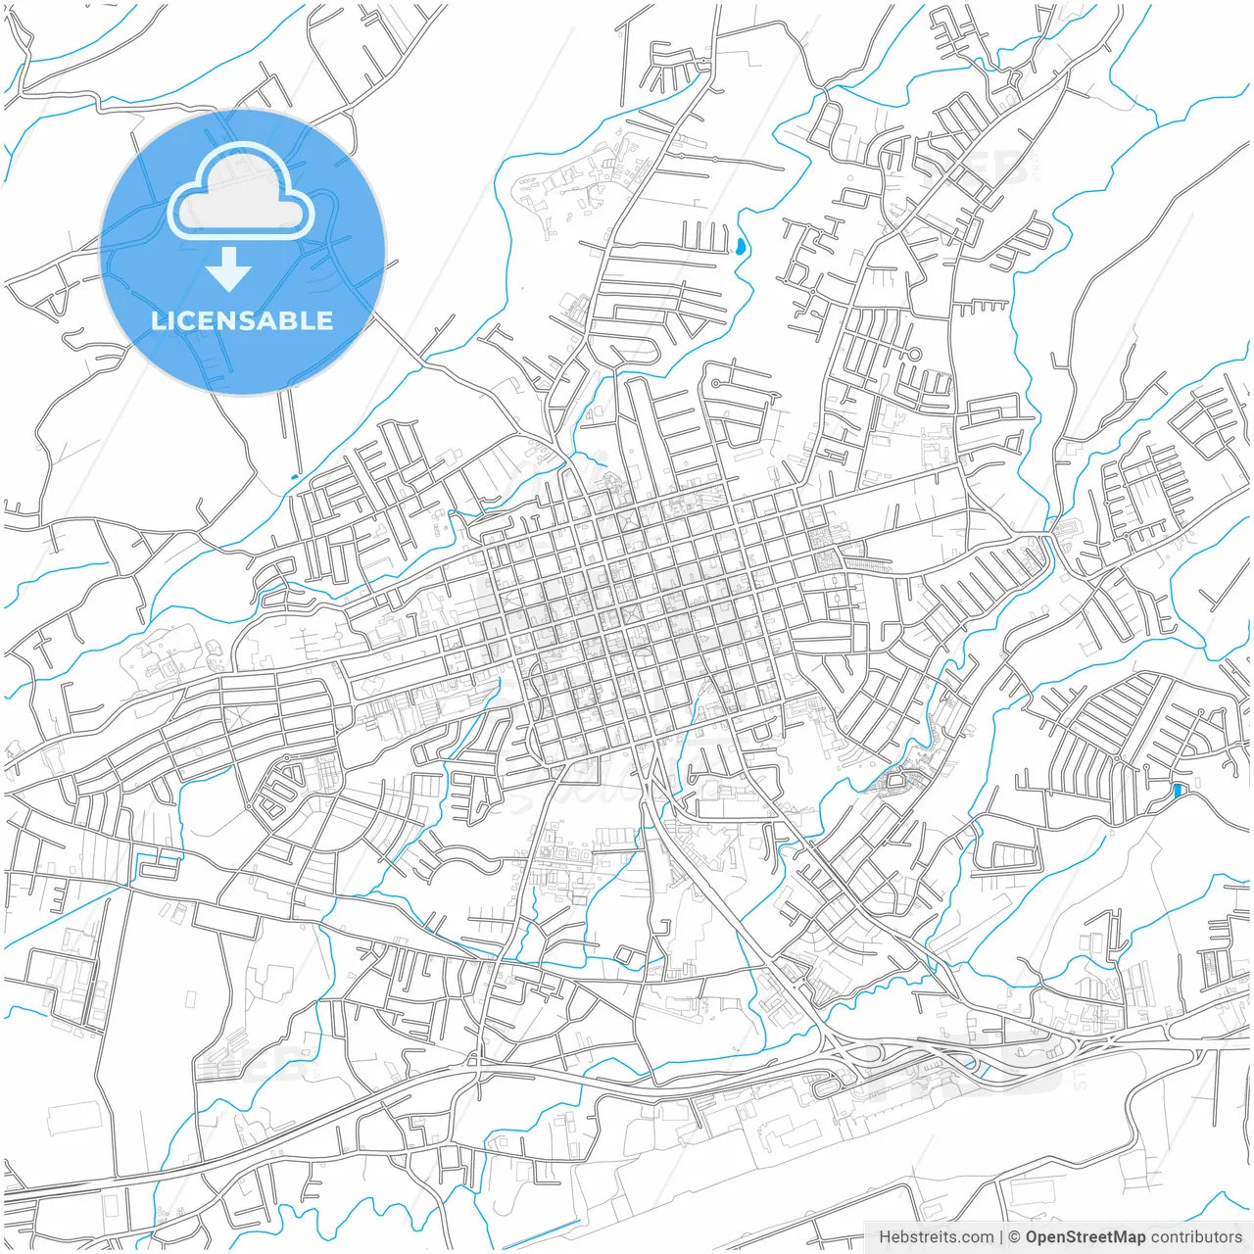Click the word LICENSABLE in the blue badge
(242, 320)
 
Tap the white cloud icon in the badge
(241, 192)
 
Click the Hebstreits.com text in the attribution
(936, 1236)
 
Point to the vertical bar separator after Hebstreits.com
(1000, 1236)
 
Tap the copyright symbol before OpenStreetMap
(1015, 1236)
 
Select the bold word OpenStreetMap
(1085, 1236)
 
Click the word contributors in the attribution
(1196, 1236)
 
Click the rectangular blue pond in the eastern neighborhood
(1178, 790)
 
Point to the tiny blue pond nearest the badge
(294, 477)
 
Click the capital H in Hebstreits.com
(885, 1236)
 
